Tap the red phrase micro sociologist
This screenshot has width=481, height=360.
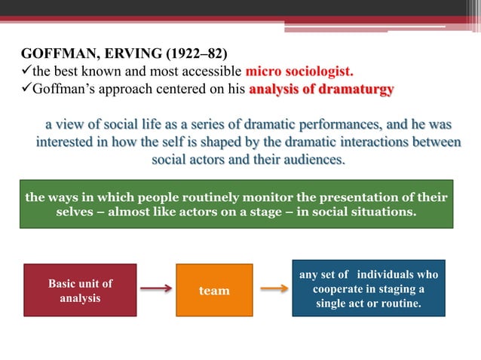pyautogui.click(x=300, y=73)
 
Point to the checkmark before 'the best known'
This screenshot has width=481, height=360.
pyautogui.click(x=26, y=73)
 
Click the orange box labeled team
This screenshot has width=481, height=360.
pyautogui.click(x=214, y=290)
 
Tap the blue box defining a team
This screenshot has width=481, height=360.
pyautogui.click(x=369, y=289)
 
